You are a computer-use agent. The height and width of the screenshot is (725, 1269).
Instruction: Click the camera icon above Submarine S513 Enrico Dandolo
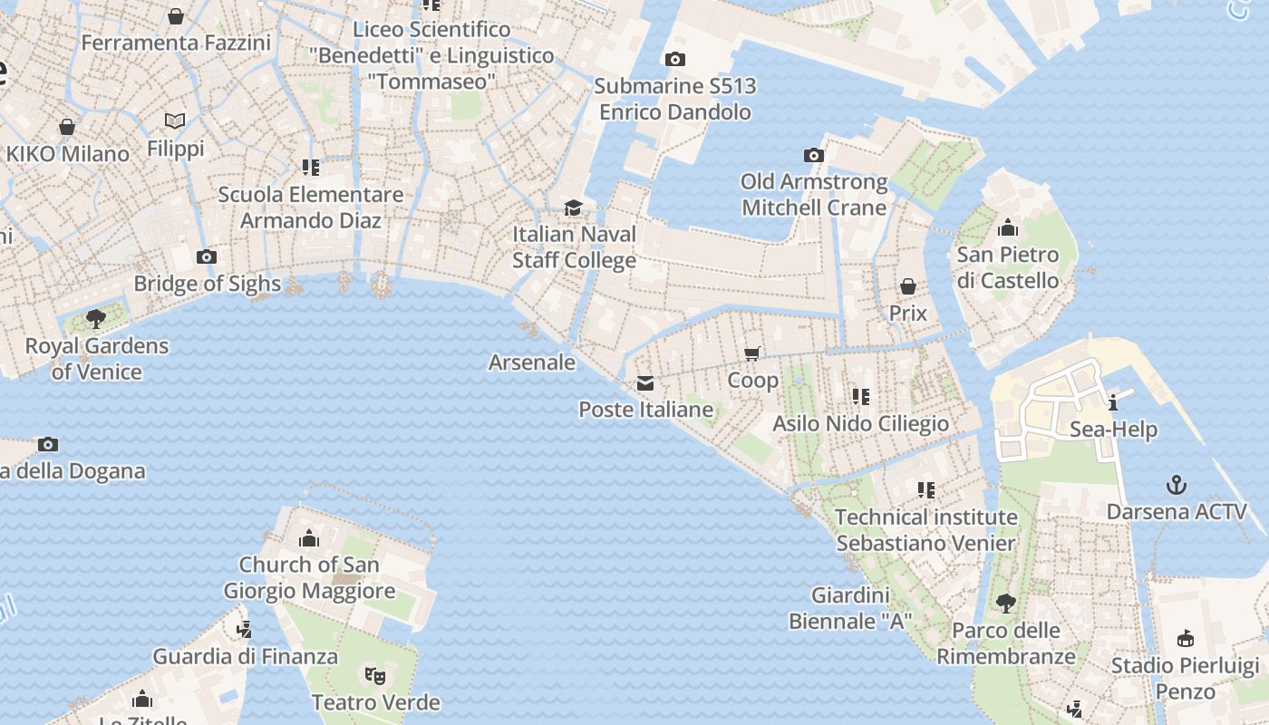pyautogui.click(x=674, y=60)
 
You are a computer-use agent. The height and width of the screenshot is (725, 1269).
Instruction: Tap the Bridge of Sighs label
pyautogui.click(x=208, y=284)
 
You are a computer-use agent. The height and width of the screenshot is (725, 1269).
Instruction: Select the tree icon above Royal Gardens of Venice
pyautogui.click(x=95, y=318)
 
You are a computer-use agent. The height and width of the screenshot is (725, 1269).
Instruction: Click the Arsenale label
pyautogui.click(x=532, y=362)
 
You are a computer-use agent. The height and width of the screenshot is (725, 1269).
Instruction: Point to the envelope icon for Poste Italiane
pyautogui.click(x=645, y=383)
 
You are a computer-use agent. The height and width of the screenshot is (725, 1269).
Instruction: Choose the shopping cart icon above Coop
pyautogui.click(x=751, y=353)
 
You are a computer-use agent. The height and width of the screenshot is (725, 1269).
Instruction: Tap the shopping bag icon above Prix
pyautogui.click(x=907, y=286)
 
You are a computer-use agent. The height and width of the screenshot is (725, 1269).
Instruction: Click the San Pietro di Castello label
pyautogui.click(x=1008, y=267)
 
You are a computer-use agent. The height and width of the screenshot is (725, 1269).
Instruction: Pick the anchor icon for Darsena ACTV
pyautogui.click(x=1176, y=485)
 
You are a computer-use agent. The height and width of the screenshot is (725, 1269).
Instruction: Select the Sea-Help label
pyautogui.click(x=1114, y=430)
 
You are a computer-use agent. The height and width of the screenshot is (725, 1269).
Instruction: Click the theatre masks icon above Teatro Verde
pyautogui.click(x=375, y=674)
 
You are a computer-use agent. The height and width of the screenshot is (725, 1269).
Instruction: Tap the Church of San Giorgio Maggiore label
pyautogui.click(x=309, y=577)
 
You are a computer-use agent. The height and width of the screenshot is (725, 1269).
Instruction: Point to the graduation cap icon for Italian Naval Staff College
pyautogui.click(x=573, y=208)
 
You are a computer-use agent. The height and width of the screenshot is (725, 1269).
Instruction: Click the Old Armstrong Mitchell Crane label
pyautogui.click(x=814, y=195)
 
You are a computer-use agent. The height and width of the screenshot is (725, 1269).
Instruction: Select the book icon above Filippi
pyautogui.click(x=175, y=121)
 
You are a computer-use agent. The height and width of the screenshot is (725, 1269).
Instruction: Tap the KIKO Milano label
pyautogui.click(x=68, y=153)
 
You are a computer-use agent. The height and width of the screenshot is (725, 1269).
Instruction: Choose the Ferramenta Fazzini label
pyautogui.click(x=176, y=43)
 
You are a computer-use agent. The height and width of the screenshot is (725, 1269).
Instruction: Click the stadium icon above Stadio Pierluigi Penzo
pyautogui.click(x=1185, y=639)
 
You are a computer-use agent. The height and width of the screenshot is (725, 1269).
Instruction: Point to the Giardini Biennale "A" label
pyautogui.click(x=850, y=608)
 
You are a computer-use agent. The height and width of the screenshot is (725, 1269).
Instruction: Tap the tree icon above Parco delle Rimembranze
pyautogui.click(x=1005, y=603)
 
